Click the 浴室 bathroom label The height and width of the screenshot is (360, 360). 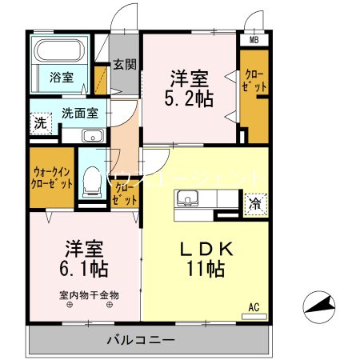(63, 78)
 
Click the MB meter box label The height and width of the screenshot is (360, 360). (254, 39)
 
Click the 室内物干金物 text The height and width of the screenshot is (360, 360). (88, 294)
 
